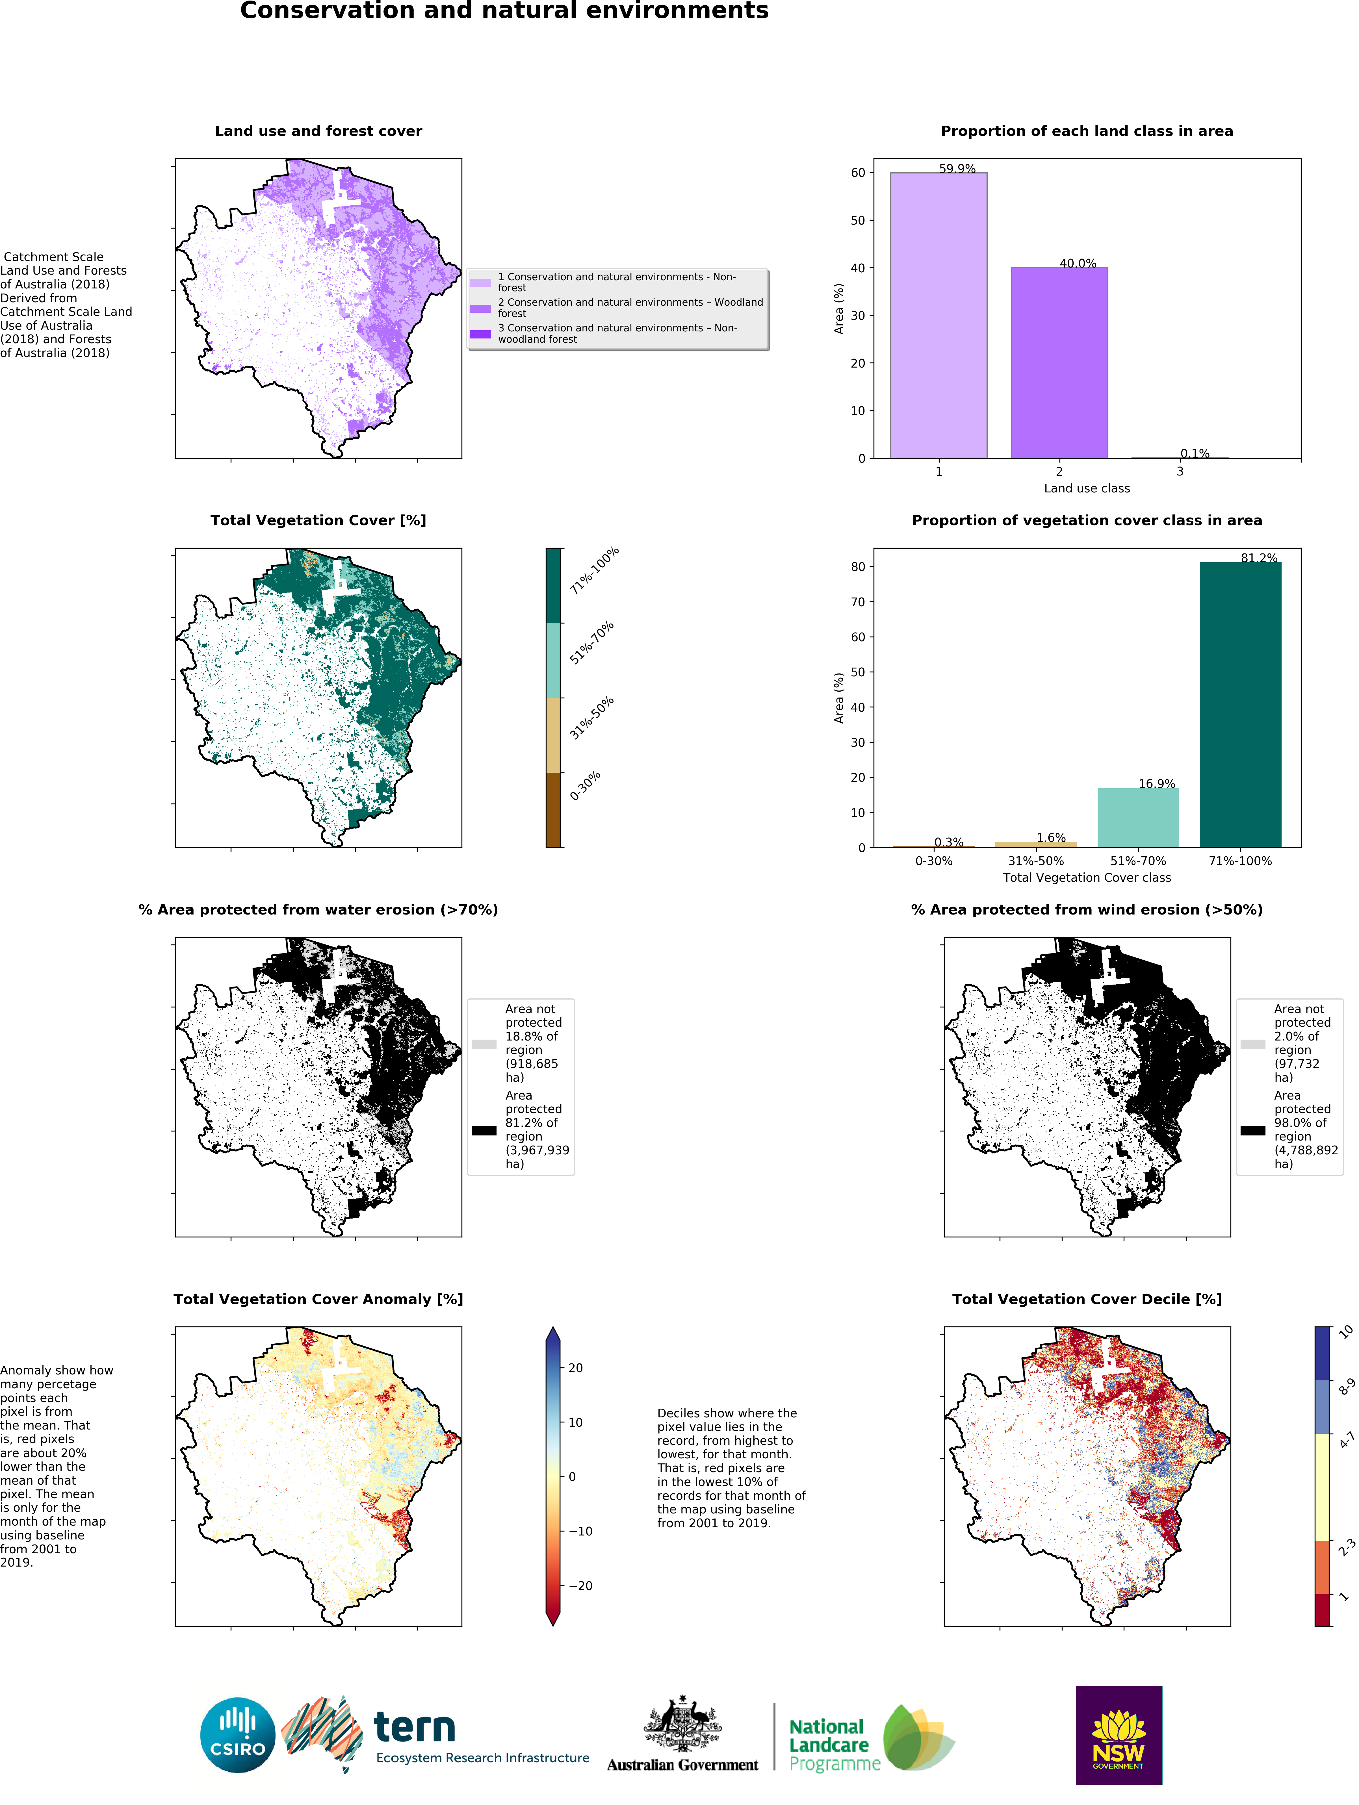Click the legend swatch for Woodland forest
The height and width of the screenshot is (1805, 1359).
[x=480, y=309]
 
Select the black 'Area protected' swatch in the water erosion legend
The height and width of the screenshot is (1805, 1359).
[x=484, y=1130]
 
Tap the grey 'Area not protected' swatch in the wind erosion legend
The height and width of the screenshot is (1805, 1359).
[x=1253, y=1044]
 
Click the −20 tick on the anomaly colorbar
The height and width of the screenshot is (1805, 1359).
[x=580, y=1585]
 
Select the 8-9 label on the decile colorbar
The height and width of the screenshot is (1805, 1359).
[x=1347, y=1387]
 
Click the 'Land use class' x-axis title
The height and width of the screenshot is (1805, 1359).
[x=1086, y=488]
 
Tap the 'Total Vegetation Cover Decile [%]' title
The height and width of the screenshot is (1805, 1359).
[x=1086, y=1299]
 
